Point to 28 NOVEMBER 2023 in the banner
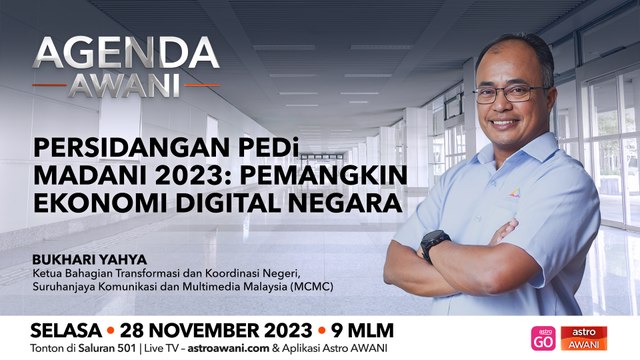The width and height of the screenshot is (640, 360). [216, 329]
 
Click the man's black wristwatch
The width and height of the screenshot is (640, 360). [434, 244]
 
